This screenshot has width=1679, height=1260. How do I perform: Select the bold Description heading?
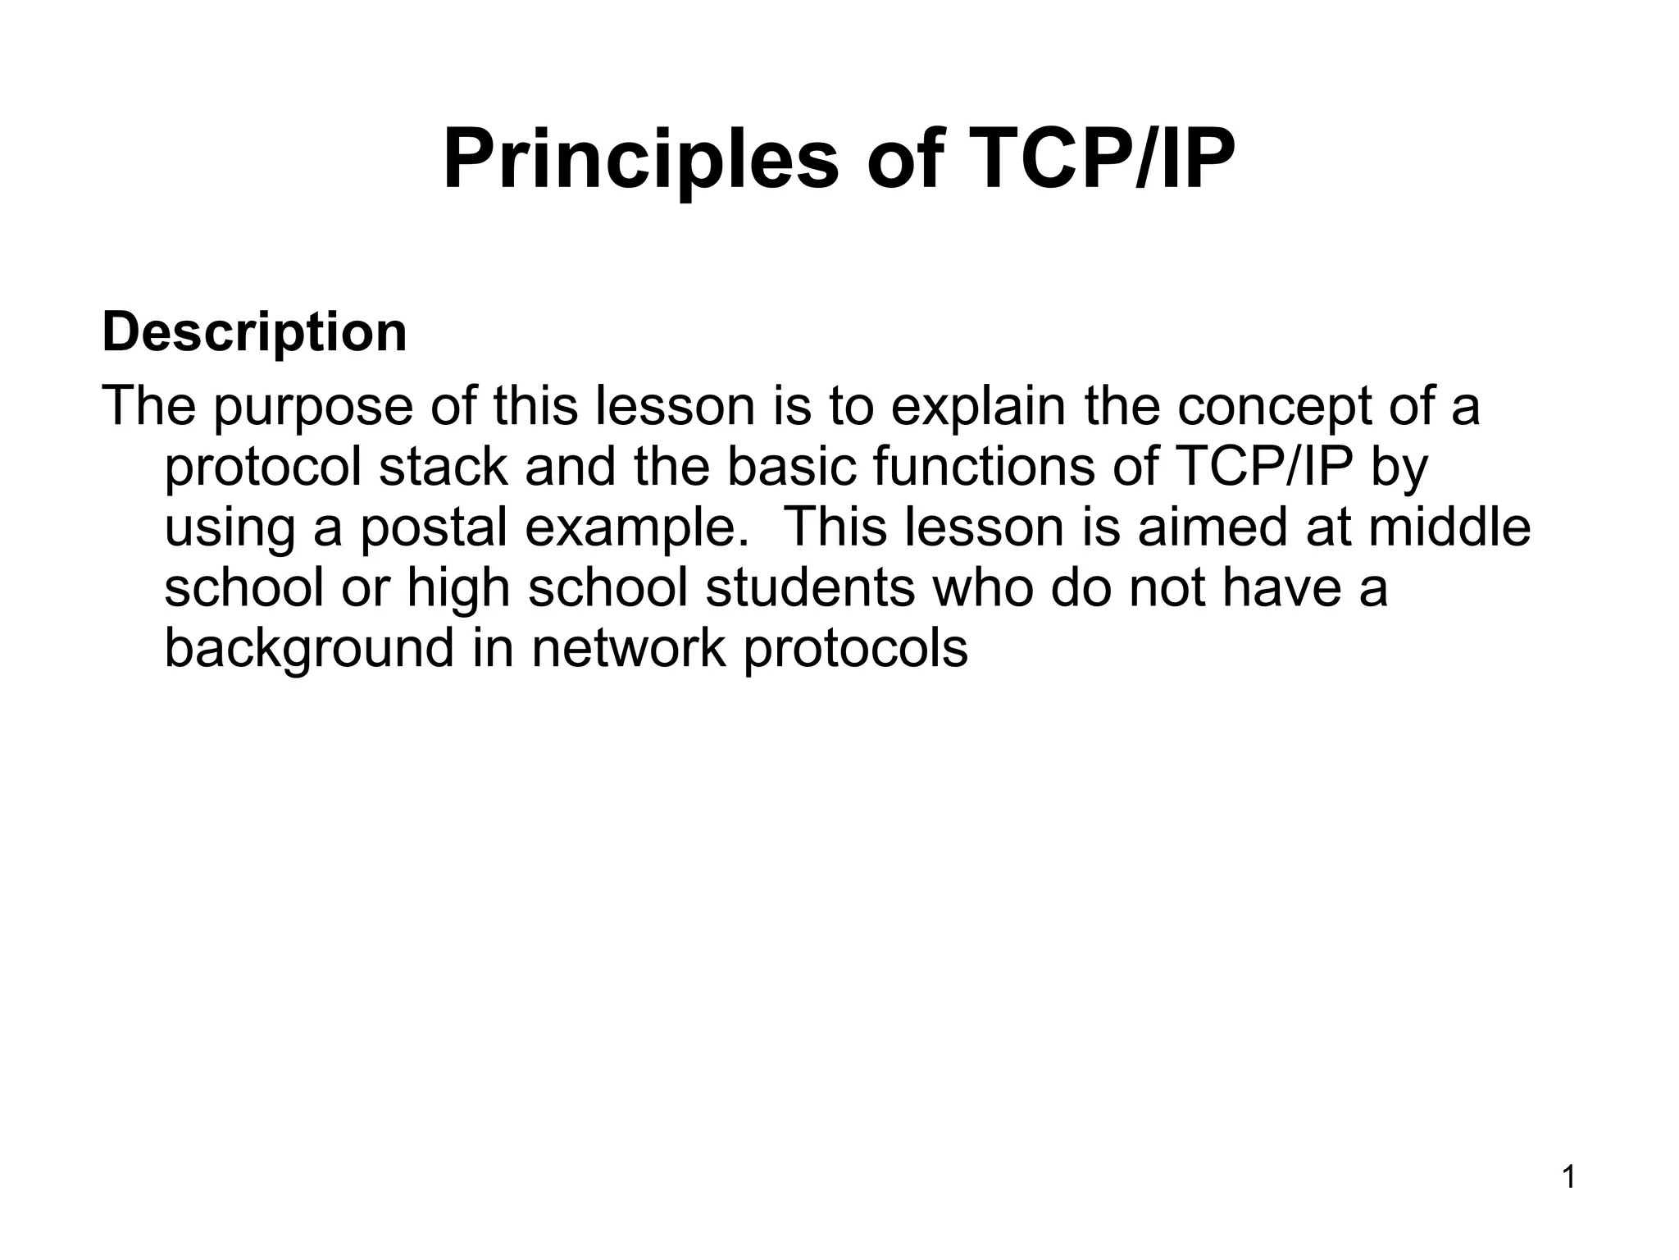(x=254, y=332)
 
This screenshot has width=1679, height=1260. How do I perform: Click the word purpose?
(x=313, y=407)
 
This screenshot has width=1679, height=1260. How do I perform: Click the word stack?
(x=444, y=467)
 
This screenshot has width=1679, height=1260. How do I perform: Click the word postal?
(x=434, y=527)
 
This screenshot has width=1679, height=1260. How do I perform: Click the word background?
(x=308, y=649)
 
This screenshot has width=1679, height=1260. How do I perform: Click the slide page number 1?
(x=1568, y=1179)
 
